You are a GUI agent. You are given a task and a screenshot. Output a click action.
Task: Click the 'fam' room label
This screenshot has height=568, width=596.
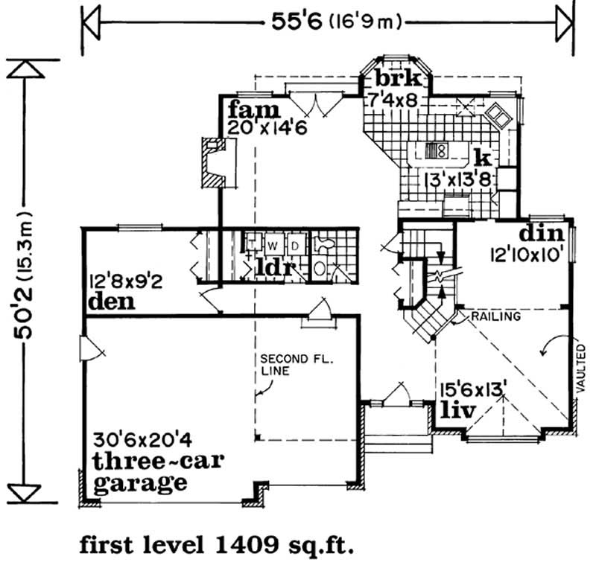(254, 109)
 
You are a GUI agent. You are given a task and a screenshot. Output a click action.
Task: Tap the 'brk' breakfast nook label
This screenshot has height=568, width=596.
(399, 78)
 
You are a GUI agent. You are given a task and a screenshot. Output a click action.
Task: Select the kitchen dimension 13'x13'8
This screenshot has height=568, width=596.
(457, 179)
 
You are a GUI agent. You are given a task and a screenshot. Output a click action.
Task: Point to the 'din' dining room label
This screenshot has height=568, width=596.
(542, 233)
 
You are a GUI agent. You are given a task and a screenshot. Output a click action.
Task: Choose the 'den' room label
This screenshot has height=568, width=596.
(111, 301)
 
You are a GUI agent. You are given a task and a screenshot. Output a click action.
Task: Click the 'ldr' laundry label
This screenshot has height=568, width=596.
(276, 267)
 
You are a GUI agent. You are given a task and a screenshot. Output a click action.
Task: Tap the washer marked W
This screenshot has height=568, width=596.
(272, 246)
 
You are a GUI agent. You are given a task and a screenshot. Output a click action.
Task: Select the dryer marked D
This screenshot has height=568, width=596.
(295, 246)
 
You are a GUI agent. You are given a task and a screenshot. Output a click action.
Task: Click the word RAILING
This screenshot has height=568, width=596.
(495, 316)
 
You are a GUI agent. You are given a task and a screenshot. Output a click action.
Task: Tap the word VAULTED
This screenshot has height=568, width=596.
(581, 368)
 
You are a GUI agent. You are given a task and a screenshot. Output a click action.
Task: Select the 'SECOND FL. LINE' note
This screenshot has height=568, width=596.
(296, 365)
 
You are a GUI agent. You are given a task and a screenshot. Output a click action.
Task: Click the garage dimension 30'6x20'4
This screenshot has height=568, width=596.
(142, 441)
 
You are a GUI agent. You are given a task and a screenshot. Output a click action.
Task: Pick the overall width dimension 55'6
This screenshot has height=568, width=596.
(297, 22)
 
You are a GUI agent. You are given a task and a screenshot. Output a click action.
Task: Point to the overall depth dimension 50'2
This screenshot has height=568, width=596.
(23, 313)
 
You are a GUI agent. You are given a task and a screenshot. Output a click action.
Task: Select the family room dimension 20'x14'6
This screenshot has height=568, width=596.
(267, 127)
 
